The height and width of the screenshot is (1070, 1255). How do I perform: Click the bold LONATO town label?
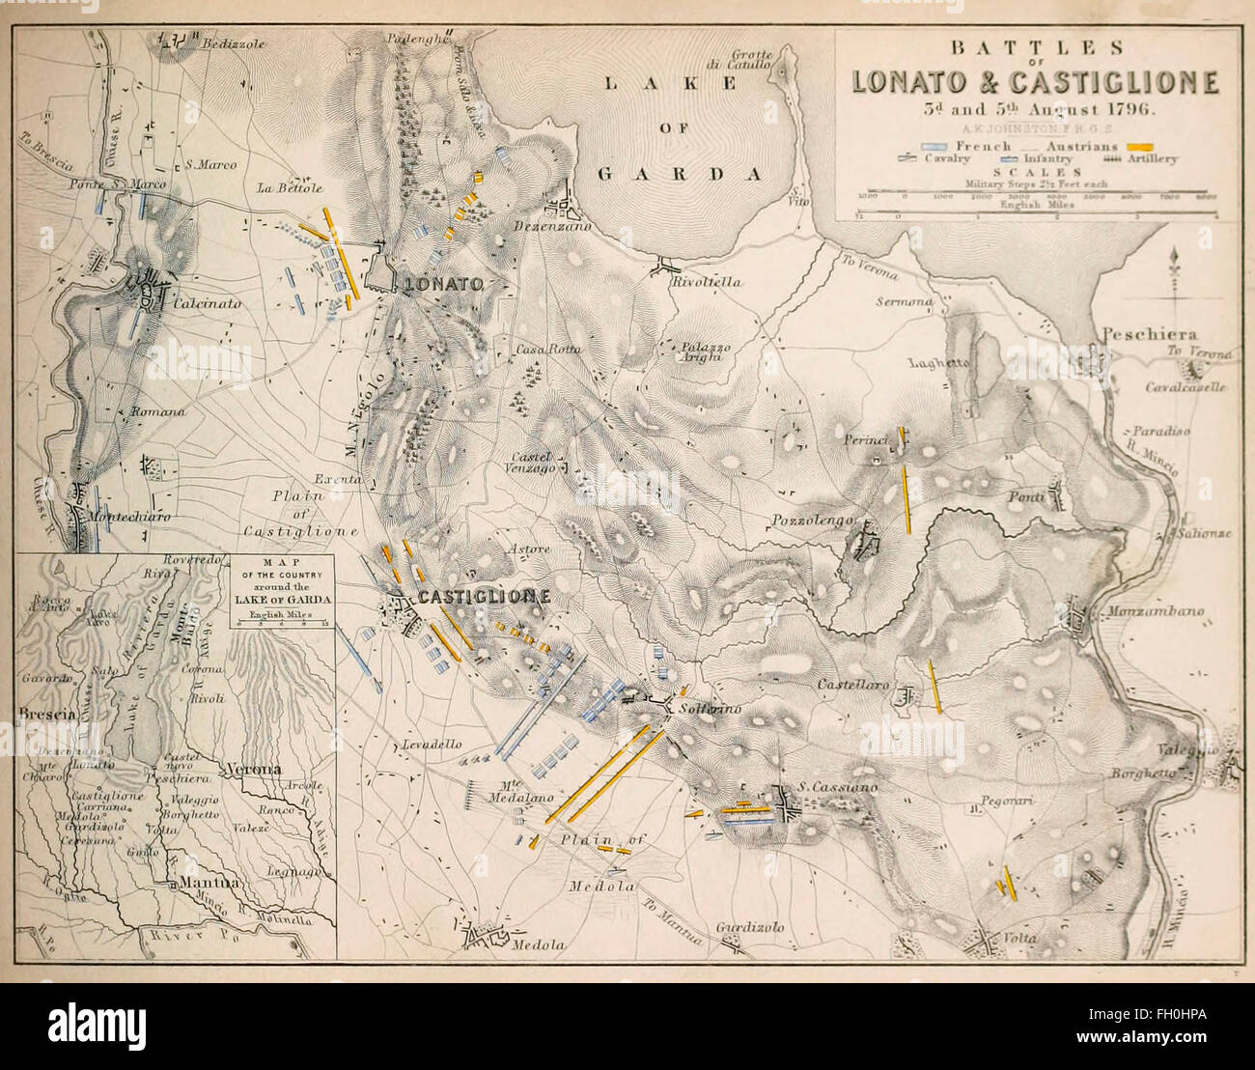click(x=443, y=284)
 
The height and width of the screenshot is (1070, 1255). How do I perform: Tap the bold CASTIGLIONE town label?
click(x=484, y=597)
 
